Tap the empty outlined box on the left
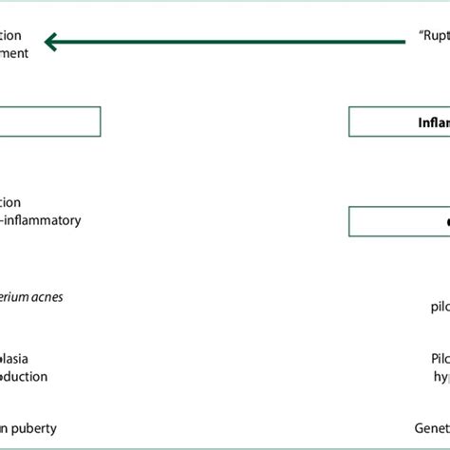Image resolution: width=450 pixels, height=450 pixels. [x=49, y=122]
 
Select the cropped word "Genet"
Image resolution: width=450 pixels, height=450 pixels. [x=431, y=428]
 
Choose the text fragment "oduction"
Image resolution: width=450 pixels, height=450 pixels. [x=25, y=377]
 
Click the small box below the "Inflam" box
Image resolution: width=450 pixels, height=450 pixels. [x=399, y=221]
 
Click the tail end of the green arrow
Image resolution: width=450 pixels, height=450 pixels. [x=401, y=41]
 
